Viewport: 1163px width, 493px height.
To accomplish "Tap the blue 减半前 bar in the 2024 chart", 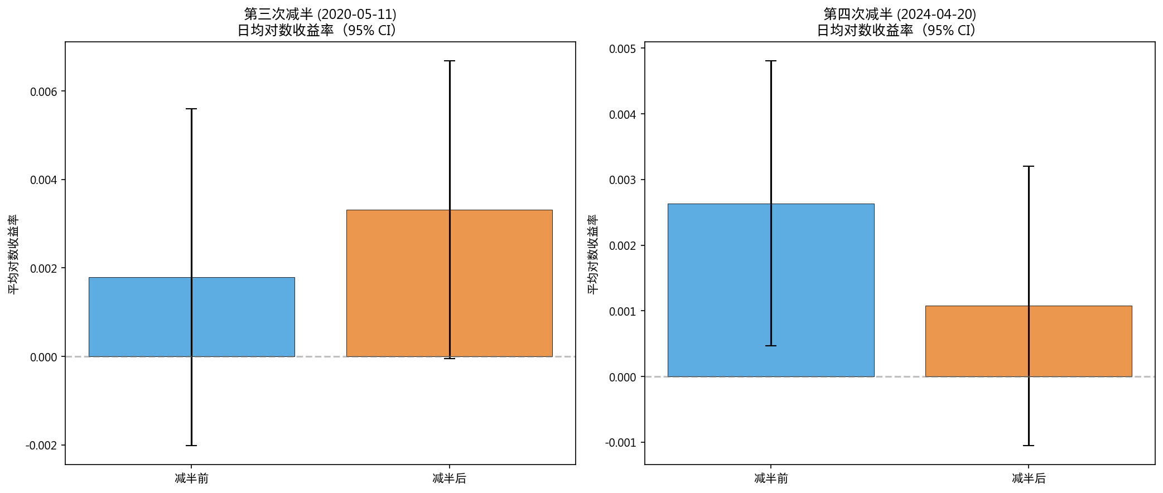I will pyautogui.click(x=720, y=290).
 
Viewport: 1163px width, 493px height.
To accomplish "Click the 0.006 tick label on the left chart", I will pyautogui.click(x=44, y=92).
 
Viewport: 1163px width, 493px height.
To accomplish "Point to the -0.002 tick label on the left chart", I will pyautogui.click(x=41, y=446).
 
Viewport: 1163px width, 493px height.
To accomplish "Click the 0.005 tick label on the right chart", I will pyautogui.click(x=622, y=49).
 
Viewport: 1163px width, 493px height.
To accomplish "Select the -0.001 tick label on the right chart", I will pyautogui.click(x=620, y=443).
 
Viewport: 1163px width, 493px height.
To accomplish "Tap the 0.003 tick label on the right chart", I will pyautogui.click(x=622, y=180).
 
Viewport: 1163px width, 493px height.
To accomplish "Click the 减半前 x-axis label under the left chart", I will pyautogui.click(x=191, y=478).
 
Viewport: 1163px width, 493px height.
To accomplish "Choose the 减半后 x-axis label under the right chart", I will pyautogui.click(x=1029, y=478).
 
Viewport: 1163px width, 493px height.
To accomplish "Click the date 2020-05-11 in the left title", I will pyautogui.click(x=356, y=14).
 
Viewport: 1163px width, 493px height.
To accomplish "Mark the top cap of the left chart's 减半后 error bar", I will pyautogui.click(x=450, y=61).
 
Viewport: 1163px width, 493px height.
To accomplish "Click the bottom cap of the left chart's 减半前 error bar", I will pyautogui.click(x=191, y=446).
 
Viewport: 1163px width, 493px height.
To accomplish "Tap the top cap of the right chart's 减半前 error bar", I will pyautogui.click(x=771, y=61).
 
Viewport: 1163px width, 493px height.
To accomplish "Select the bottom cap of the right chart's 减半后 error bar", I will pyautogui.click(x=1029, y=446).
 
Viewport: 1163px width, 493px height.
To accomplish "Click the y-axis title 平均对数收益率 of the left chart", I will pyautogui.click(x=13, y=254).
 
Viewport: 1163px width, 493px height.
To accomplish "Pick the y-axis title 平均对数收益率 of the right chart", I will pyautogui.click(x=593, y=254).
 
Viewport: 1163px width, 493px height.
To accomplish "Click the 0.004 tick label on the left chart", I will pyautogui.click(x=44, y=180).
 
